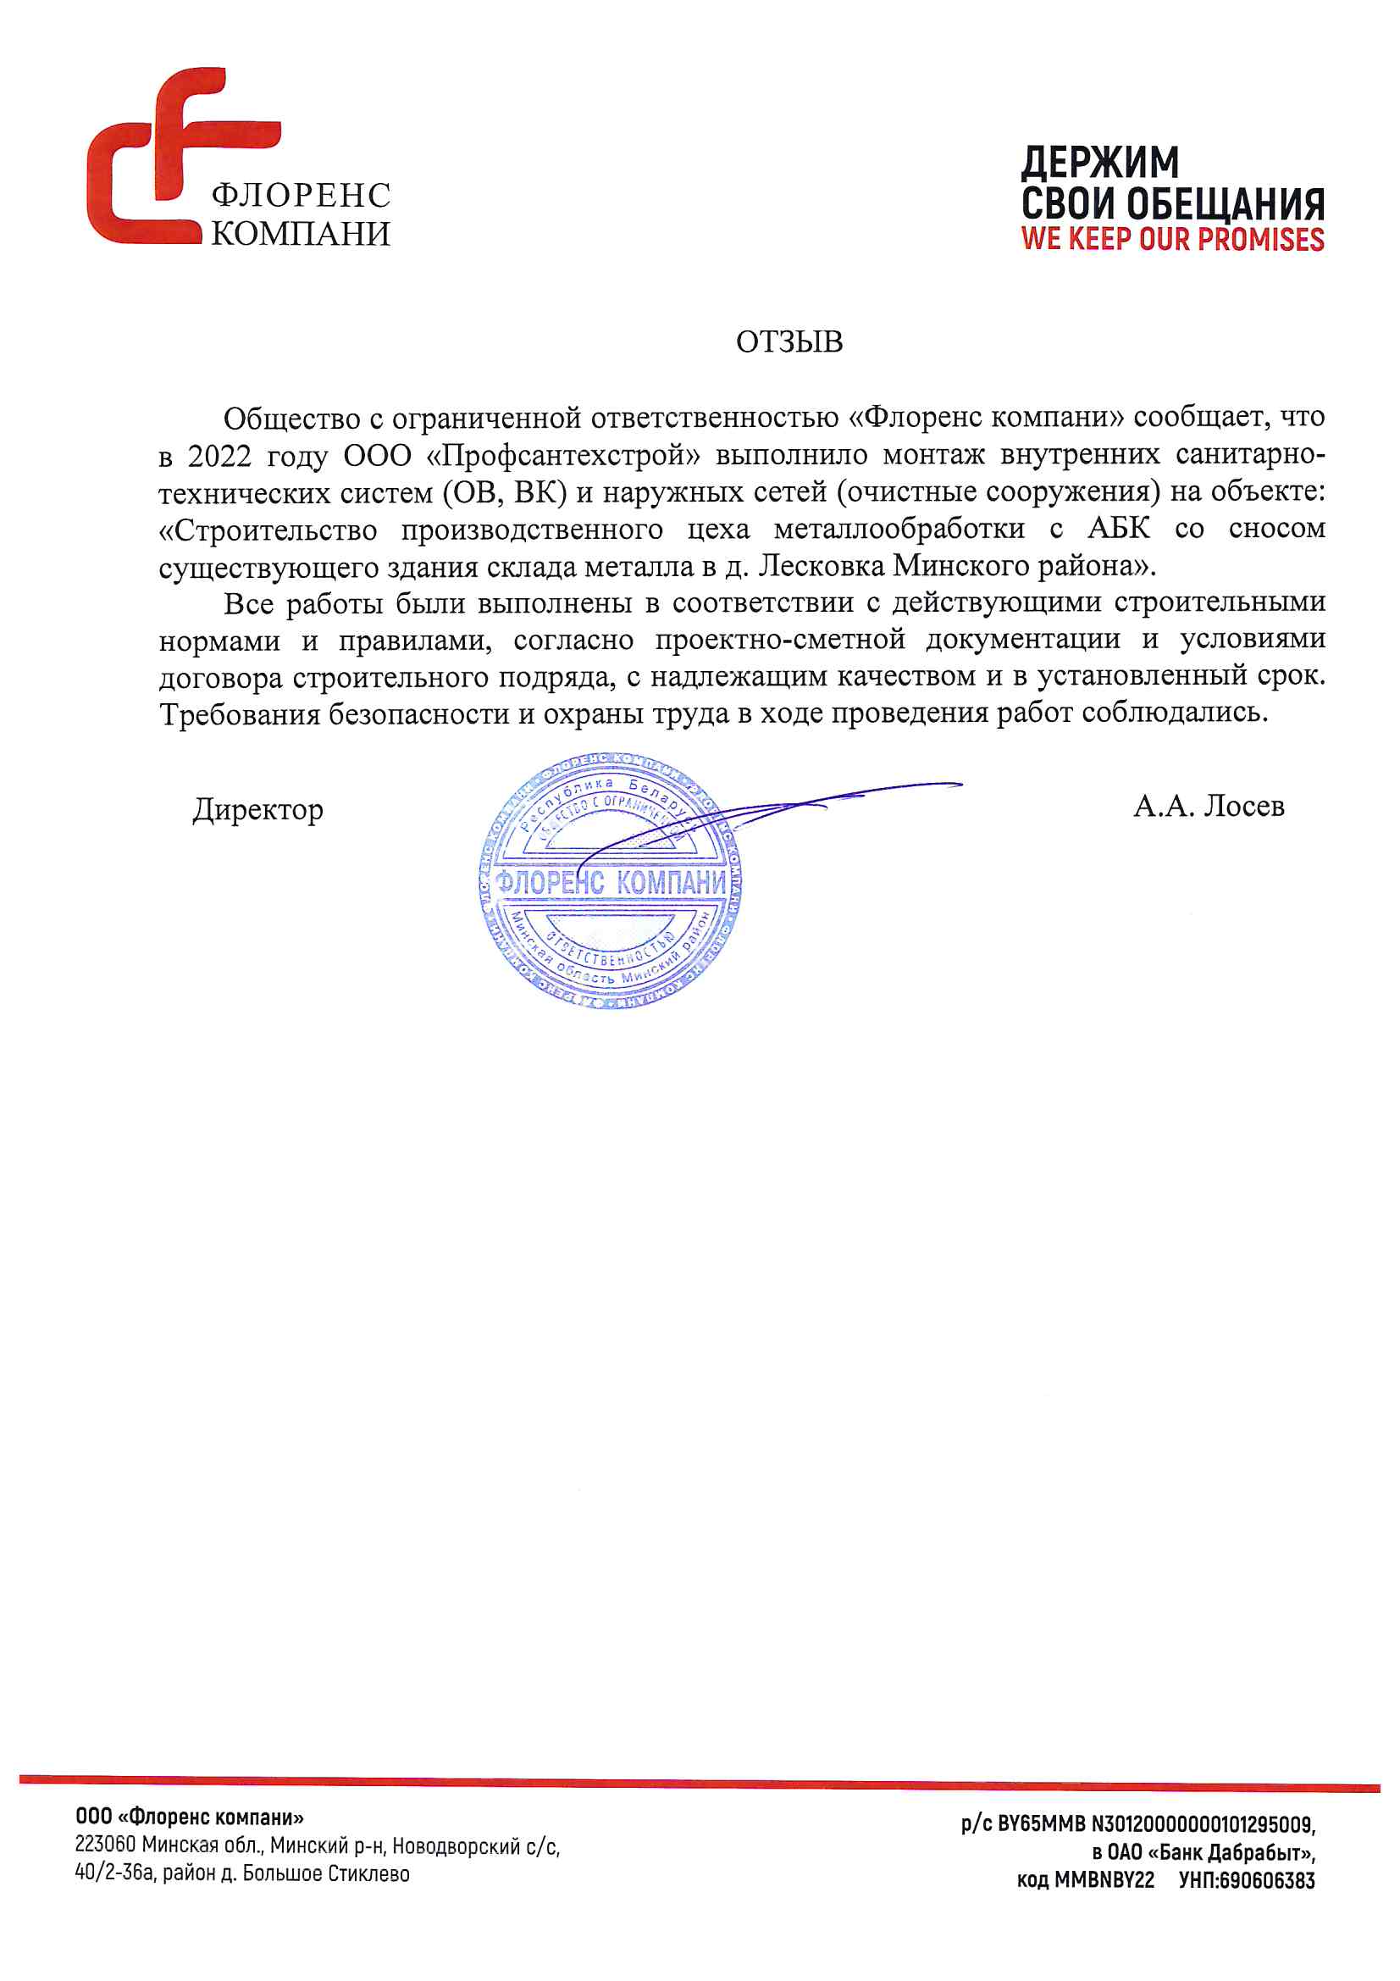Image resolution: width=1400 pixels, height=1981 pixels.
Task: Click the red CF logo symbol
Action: [164, 155]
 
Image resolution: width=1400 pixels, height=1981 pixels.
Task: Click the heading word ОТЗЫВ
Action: [789, 341]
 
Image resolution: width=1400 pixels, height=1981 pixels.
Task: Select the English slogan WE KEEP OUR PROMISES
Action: [1172, 239]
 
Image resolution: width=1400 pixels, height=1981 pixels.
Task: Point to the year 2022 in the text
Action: [219, 456]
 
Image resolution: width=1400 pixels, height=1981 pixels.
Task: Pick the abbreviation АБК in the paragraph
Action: [1119, 528]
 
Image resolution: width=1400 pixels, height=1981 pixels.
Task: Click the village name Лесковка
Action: [822, 566]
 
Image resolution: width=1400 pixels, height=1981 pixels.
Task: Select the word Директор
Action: [258, 809]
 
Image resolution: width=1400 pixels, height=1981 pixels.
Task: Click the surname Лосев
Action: [1244, 806]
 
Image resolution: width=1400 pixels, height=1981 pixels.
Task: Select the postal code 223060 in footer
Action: [105, 1845]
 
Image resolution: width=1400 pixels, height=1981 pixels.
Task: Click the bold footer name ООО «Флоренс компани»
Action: [189, 1818]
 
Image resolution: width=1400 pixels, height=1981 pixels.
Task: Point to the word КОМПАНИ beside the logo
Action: [300, 234]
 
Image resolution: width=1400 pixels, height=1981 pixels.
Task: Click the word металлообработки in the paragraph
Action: [899, 528]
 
